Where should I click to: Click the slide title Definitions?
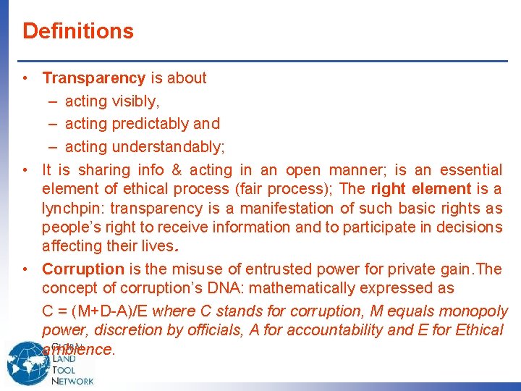tap(78, 31)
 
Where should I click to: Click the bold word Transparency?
tap(94, 78)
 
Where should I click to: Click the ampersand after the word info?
tap(177, 170)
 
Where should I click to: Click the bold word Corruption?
tap(83, 269)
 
